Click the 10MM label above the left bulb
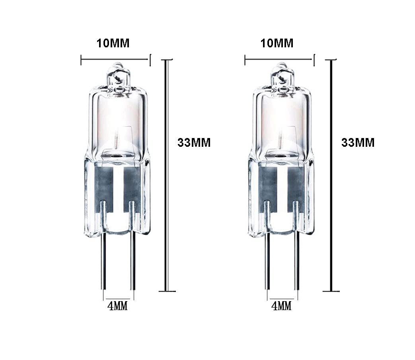[x=113, y=43]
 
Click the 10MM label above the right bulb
[x=277, y=43]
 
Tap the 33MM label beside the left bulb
[x=194, y=142]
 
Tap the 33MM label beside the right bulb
[x=358, y=142]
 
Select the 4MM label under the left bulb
[x=118, y=306]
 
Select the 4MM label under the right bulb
[x=282, y=306]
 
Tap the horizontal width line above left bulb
[x=115, y=60]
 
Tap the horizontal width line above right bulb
[x=279, y=60]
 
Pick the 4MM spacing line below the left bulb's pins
[x=118, y=299]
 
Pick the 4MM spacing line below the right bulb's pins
[x=282, y=299]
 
